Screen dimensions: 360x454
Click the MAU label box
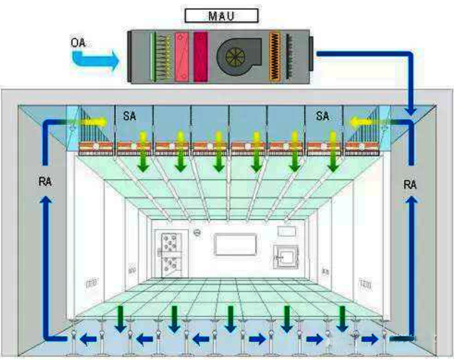click(x=222, y=15)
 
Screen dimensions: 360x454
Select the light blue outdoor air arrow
click(x=95, y=57)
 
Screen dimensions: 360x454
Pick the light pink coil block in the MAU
click(x=181, y=56)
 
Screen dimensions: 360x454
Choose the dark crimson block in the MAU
click(x=201, y=56)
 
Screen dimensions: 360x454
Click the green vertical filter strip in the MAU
click(x=152, y=56)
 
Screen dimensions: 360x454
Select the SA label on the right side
click(x=322, y=116)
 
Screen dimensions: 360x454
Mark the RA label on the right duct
click(x=410, y=185)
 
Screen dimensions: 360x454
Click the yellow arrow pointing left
click(x=363, y=121)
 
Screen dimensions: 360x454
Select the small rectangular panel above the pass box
click(x=285, y=231)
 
